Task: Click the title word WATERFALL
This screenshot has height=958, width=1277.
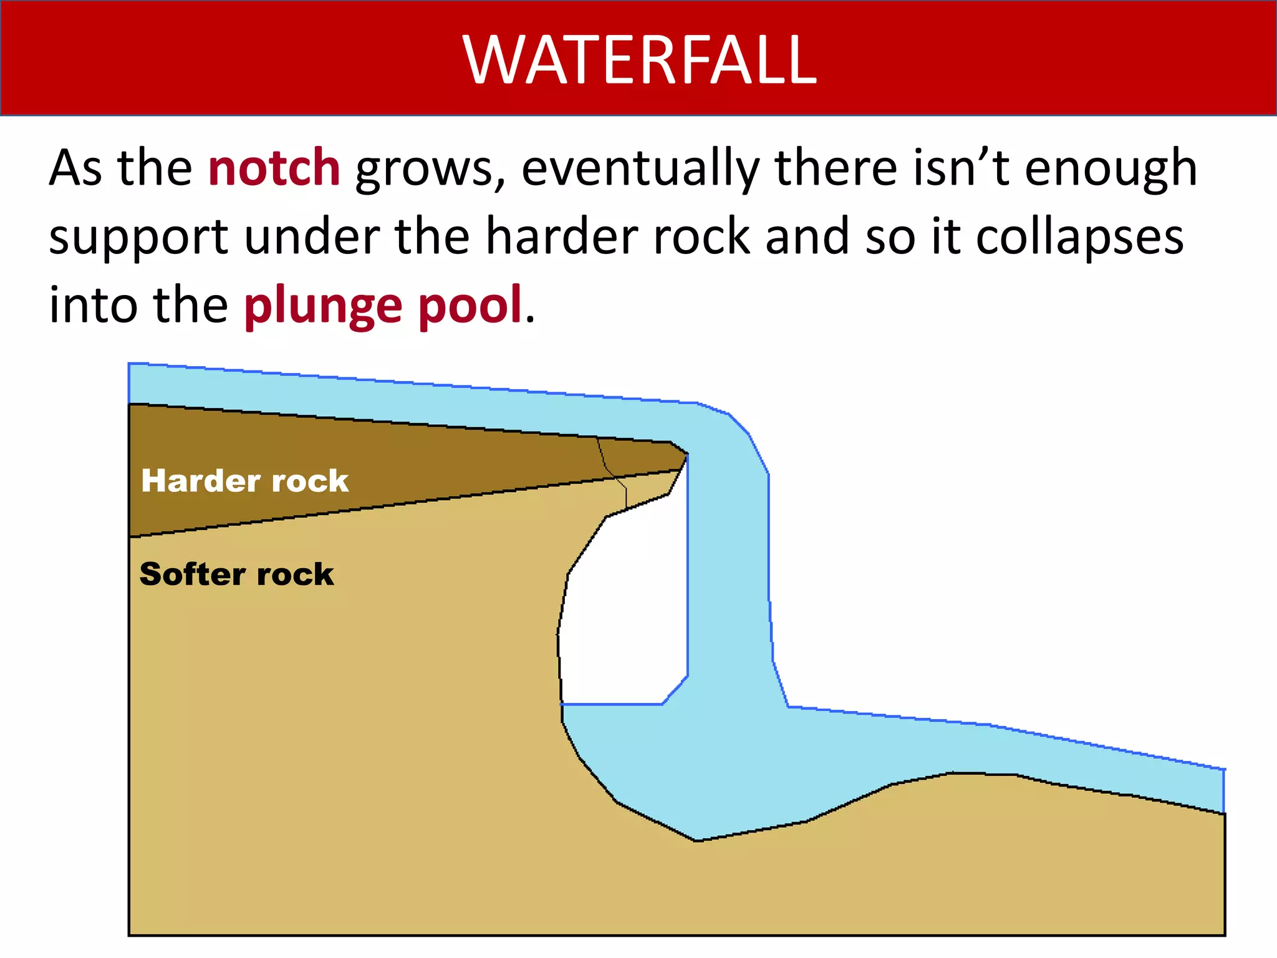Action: (x=639, y=60)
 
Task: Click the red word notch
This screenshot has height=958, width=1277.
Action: (x=274, y=168)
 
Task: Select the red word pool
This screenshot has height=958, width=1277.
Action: (x=470, y=305)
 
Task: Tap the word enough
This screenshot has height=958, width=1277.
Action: (x=1111, y=168)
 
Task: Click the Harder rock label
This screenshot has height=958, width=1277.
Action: (x=244, y=481)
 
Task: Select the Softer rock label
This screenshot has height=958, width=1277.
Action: (x=236, y=574)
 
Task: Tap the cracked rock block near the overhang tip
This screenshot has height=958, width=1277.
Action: (x=642, y=474)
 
